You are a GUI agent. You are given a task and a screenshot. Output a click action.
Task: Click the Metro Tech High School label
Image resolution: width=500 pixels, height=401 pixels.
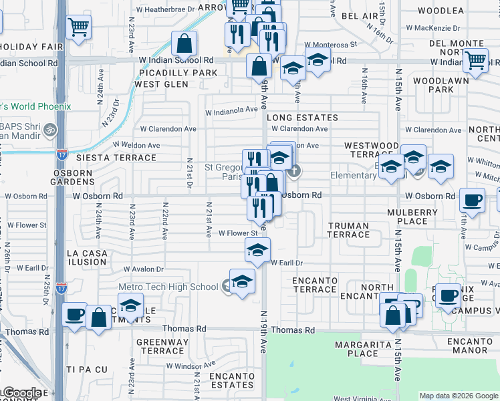(168, 287)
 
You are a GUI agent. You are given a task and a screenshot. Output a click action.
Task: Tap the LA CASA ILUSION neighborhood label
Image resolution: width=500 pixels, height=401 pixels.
(87, 257)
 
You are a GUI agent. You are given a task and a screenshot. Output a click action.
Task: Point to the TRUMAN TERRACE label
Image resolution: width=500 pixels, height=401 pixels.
(348, 230)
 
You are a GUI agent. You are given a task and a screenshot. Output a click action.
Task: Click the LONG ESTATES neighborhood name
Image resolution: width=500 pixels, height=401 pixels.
(302, 118)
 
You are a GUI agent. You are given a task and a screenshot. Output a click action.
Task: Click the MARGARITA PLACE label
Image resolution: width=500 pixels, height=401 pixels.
(364, 349)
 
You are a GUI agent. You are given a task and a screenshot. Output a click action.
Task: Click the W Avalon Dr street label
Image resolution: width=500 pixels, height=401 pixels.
(143, 269)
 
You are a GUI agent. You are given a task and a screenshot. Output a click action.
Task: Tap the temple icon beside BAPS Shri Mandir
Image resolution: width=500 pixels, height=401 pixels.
(52, 130)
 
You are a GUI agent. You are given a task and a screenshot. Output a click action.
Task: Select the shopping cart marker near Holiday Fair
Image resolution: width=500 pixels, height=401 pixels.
(78, 28)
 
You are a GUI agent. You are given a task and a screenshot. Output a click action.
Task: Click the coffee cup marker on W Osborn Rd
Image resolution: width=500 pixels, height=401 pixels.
(473, 200)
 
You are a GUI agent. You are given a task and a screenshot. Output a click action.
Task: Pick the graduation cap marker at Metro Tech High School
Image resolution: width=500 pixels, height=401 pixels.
(242, 281)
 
